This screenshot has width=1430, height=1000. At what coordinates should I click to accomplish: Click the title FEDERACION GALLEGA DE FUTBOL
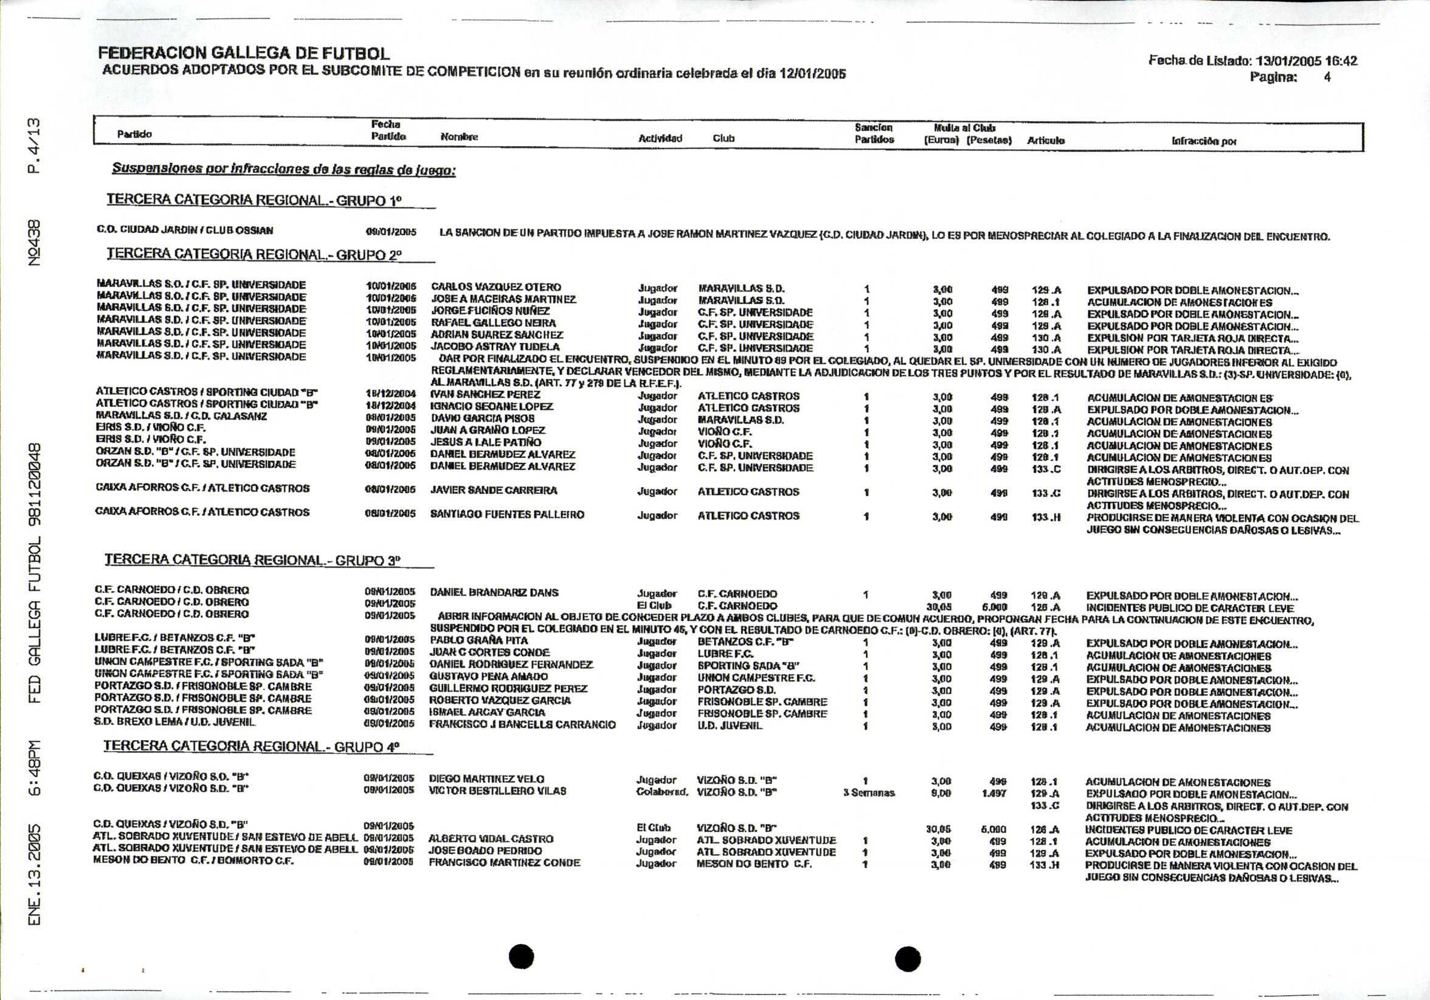tap(244, 54)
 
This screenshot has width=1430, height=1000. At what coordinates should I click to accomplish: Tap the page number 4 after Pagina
tap(1327, 77)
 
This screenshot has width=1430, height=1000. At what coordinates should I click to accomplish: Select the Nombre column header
tap(459, 137)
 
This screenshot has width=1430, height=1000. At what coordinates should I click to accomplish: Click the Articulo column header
tap(1046, 141)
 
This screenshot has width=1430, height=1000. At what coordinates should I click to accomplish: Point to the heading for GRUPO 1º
tap(254, 200)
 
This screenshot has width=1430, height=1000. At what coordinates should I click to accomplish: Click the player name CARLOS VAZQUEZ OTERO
tap(496, 287)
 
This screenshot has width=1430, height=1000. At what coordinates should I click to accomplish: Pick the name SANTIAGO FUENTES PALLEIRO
tap(507, 515)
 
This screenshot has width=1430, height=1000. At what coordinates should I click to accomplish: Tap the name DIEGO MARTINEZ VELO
tap(486, 779)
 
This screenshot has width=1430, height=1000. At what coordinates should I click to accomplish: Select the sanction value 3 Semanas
tap(869, 793)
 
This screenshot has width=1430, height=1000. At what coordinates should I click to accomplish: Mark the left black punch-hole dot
tap(521, 957)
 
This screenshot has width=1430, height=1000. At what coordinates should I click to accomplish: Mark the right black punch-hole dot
tap(908, 958)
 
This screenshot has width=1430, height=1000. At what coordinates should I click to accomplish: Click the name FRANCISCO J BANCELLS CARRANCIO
tap(522, 724)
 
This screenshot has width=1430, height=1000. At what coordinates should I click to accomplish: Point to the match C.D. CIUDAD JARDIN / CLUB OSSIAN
tap(184, 231)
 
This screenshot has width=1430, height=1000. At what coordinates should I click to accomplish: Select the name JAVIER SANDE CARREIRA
tap(493, 490)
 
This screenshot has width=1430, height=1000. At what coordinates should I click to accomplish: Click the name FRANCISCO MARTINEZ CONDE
tap(505, 863)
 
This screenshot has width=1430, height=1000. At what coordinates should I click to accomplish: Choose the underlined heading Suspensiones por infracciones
tap(283, 169)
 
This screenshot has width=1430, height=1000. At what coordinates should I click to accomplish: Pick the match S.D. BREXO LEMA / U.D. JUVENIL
tap(175, 722)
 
